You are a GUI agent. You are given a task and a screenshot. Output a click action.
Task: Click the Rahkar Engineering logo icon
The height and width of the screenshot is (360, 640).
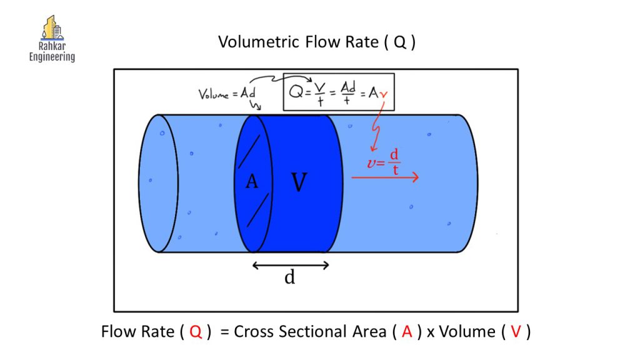tap(52, 29)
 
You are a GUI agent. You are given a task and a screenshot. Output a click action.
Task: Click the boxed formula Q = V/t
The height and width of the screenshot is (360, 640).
tap(338, 92)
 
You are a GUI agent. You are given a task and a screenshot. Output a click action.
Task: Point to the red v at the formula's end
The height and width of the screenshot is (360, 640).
tap(391, 94)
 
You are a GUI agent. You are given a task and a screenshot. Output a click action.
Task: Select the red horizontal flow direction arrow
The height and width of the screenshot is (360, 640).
tap(384, 177)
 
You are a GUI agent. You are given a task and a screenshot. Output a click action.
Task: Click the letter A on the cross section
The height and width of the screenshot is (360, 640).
tap(252, 182)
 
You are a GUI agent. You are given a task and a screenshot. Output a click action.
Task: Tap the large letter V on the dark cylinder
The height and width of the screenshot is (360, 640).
tap(299, 182)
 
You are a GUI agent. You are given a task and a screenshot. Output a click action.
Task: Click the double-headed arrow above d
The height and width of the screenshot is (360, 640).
tap(291, 265)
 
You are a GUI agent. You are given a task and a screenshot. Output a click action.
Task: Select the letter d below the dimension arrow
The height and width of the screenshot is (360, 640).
tap(289, 277)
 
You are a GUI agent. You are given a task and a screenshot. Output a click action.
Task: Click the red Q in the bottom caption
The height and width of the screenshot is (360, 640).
tap(196, 332)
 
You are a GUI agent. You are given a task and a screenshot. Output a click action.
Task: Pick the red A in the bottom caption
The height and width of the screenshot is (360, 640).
tap(407, 332)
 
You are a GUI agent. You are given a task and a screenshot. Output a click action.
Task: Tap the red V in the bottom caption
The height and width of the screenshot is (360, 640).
tap(516, 332)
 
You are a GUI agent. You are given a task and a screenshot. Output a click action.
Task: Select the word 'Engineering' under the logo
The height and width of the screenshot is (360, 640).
tap(52, 57)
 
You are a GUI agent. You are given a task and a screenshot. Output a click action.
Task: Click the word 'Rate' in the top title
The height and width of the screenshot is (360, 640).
tap(359, 42)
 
